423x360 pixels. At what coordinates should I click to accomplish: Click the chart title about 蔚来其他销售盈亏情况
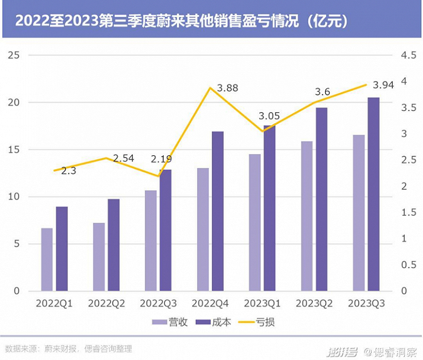click(x=181, y=20)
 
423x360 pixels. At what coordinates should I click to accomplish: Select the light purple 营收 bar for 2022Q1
click(x=47, y=259)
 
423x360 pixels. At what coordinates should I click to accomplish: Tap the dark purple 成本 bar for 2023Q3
click(x=374, y=194)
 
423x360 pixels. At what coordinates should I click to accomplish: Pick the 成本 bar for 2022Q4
click(x=218, y=211)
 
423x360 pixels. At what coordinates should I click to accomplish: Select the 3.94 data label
click(x=383, y=85)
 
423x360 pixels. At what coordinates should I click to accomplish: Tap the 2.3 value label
click(x=68, y=171)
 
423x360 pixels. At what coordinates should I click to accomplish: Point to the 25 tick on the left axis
click(x=15, y=55)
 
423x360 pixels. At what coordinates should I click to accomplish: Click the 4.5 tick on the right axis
click(x=408, y=55)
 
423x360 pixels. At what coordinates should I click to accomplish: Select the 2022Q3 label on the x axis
click(x=158, y=303)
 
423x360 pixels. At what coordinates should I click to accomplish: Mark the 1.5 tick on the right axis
click(x=408, y=212)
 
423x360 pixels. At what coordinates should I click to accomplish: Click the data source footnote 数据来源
click(x=68, y=349)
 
